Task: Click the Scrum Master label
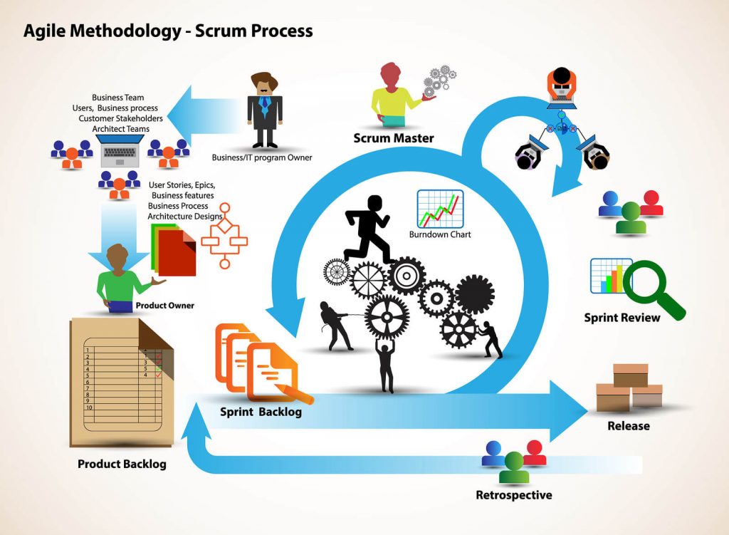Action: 394,137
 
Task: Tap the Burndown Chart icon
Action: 440,208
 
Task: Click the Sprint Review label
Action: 622,318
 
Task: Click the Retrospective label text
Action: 513,495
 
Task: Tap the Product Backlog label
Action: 122,464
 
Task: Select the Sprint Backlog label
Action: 261,412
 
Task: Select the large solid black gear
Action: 473,292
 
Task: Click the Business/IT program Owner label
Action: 262,157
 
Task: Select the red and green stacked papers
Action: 173,249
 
